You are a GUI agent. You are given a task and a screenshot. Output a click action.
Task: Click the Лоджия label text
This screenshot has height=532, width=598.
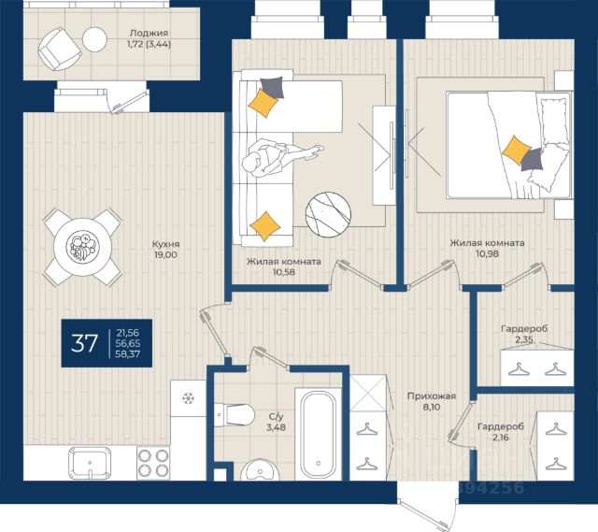click(x=149, y=34)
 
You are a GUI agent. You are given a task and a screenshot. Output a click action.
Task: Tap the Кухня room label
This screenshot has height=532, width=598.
click(x=166, y=244)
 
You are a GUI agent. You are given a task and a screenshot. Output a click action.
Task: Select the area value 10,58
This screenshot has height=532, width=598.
click(x=284, y=272)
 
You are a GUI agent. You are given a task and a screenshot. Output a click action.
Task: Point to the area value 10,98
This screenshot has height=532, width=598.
click(x=487, y=253)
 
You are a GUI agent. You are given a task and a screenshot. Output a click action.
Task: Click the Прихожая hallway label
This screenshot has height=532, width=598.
click(x=432, y=396)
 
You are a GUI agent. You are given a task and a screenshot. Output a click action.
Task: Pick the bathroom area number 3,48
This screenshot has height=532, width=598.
click(x=276, y=427)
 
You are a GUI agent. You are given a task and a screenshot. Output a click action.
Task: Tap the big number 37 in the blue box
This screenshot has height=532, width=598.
click(x=84, y=343)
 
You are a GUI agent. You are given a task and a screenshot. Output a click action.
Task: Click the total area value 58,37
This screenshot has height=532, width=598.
click(x=128, y=353)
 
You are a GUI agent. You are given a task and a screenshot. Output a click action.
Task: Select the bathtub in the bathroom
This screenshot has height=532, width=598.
click(x=319, y=435)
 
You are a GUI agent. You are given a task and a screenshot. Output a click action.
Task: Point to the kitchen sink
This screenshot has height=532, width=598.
click(x=90, y=463)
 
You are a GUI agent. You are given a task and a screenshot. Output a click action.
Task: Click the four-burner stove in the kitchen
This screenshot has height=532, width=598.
click(x=153, y=464)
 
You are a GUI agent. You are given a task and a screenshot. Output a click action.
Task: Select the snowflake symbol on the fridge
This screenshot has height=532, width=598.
click(x=188, y=398)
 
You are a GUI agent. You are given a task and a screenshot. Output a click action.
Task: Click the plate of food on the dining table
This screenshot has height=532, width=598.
click(x=83, y=247)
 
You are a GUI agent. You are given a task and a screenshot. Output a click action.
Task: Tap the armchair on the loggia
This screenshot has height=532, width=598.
click(x=60, y=49)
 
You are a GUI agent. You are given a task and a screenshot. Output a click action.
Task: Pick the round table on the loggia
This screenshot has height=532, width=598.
click(x=94, y=39)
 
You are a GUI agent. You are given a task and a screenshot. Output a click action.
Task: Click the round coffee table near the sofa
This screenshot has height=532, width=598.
click(x=328, y=215)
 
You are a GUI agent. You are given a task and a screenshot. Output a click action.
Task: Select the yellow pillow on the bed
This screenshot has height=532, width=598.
click(x=517, y=151)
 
